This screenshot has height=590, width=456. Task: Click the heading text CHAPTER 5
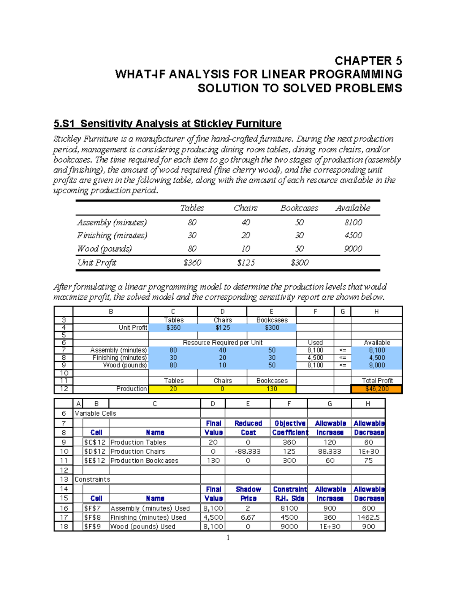(x=368, y=61)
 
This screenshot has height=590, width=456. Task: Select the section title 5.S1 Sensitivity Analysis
(x=167, y=123)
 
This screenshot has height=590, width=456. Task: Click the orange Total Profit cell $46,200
(x=377, y=389)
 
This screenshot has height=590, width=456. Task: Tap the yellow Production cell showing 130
(x=271, y=389)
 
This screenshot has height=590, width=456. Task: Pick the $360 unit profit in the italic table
(x=192, y=263)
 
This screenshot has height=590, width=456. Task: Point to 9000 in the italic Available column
(x=353, y=248)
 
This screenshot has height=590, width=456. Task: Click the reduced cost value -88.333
(x=248, y=451)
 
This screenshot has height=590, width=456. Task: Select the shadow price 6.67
(x=248, y=517)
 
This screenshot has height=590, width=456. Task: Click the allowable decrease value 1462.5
(x=368, y=517)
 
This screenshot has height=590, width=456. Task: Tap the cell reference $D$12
(x=95, y=451)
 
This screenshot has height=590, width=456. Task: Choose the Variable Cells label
(x=95, y=413)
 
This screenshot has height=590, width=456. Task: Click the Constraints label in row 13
(x=92, y=479)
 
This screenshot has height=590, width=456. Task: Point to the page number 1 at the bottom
(x=228, y=538)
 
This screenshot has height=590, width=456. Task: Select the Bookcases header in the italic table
(x=299, y=208)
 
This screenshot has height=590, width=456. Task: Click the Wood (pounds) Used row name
(x=143, y=527)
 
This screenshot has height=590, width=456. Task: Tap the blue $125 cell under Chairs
(x=222, y=327)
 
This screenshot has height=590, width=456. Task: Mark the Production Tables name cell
(x=138, y=442)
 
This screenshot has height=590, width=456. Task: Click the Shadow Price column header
(x=248, y=494)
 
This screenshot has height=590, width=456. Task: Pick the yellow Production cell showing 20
(x=173, y=389)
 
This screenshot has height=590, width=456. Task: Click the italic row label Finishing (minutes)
(x=112, y=236)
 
